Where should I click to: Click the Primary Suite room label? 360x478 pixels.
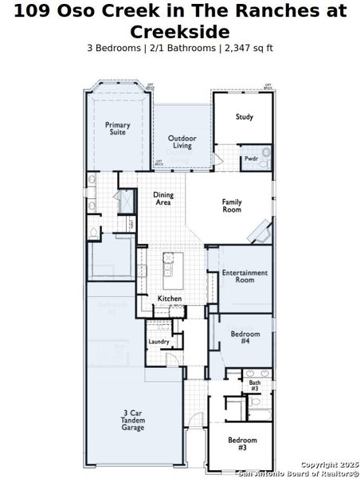click(118, 128)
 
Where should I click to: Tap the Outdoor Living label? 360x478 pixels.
click(182, 142)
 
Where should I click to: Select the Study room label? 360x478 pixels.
click(245, 117)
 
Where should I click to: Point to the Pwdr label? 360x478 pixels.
click(250, 159)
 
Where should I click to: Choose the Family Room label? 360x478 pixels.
click(232, 205)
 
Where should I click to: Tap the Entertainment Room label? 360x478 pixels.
click(245, 276)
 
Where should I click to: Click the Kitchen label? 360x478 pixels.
click(170, 299)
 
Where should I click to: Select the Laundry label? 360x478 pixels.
click(158, 342)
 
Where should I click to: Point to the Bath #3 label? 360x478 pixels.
click(254, 386)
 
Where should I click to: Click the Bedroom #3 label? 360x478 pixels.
click(242, 444)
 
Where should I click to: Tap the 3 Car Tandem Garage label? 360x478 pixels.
click(133, 420)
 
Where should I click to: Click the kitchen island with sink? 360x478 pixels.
click(170, 271)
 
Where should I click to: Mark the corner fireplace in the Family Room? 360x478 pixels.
click(260, 233)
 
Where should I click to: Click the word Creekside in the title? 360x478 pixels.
click(179, 32)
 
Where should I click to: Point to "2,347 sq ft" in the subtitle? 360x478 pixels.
click(247, 48)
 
